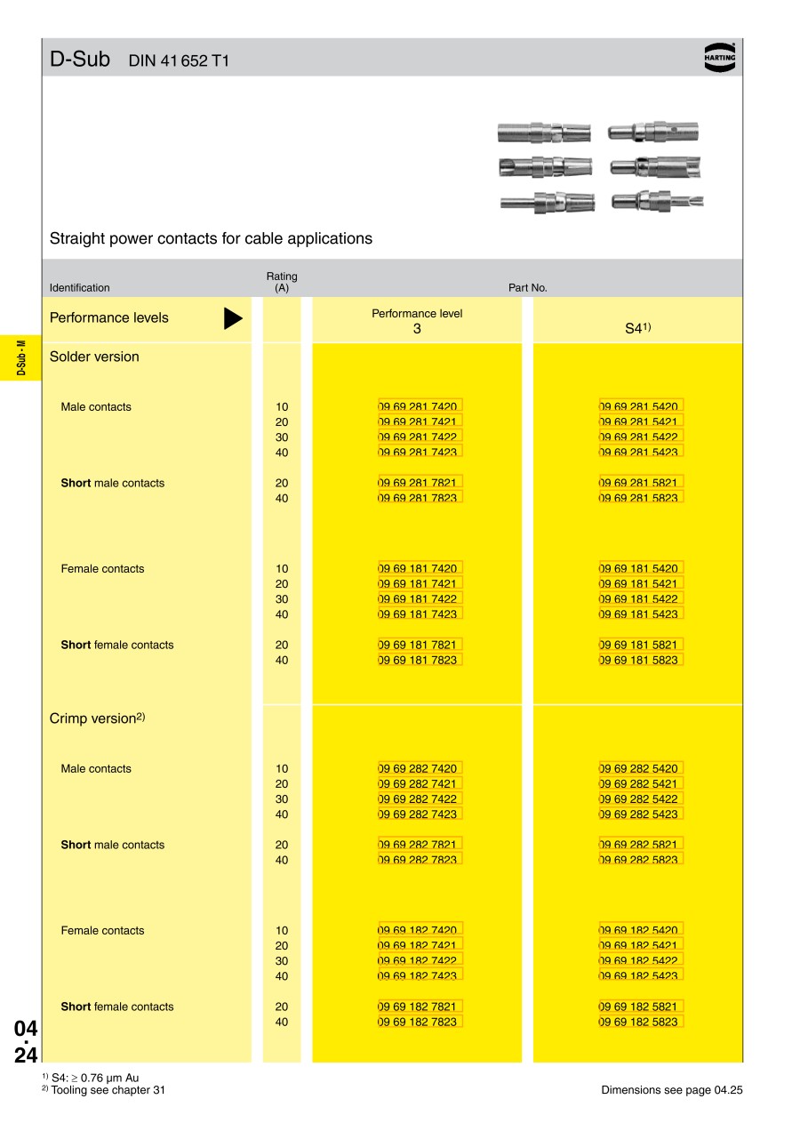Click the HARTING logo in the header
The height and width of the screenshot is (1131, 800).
pyautogui.click(x=720, y=56)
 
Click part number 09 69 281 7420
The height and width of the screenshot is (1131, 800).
pyautogui.click(x=420, y=406)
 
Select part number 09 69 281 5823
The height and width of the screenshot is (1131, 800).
pyautogui.click(x=640, y=498)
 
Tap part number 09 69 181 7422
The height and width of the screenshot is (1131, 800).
pyautogui.click(x=420, y=599)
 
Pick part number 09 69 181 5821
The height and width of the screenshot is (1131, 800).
pyautogui.click(x=640, y=645)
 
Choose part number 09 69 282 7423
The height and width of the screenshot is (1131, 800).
pyautogui.click(x=420, y=814)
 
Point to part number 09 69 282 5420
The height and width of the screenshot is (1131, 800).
pyautogui.click(x=640, y=768)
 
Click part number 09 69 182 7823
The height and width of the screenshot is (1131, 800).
pyautogui.click(x=420, y=1022)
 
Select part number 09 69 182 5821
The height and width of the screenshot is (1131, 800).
pyautogui.click(x=640, y=1007)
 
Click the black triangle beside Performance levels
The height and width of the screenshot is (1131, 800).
pyautogui.click(x=233, y=318)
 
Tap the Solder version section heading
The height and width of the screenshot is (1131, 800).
pyautogui.click(x=94, y=357)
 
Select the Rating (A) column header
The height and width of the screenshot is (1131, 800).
pyautogui.click(x=282, y=282)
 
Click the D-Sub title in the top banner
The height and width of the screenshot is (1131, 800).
pyautogui.click(x=80, y=60)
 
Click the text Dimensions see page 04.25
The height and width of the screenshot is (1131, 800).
pyautogui.click(x=671, y=1090)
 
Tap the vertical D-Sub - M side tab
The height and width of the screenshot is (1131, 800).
pyautogui.click(x=20, y=357)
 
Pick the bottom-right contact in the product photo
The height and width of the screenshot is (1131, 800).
pyautogui.click(x=657, y=201)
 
